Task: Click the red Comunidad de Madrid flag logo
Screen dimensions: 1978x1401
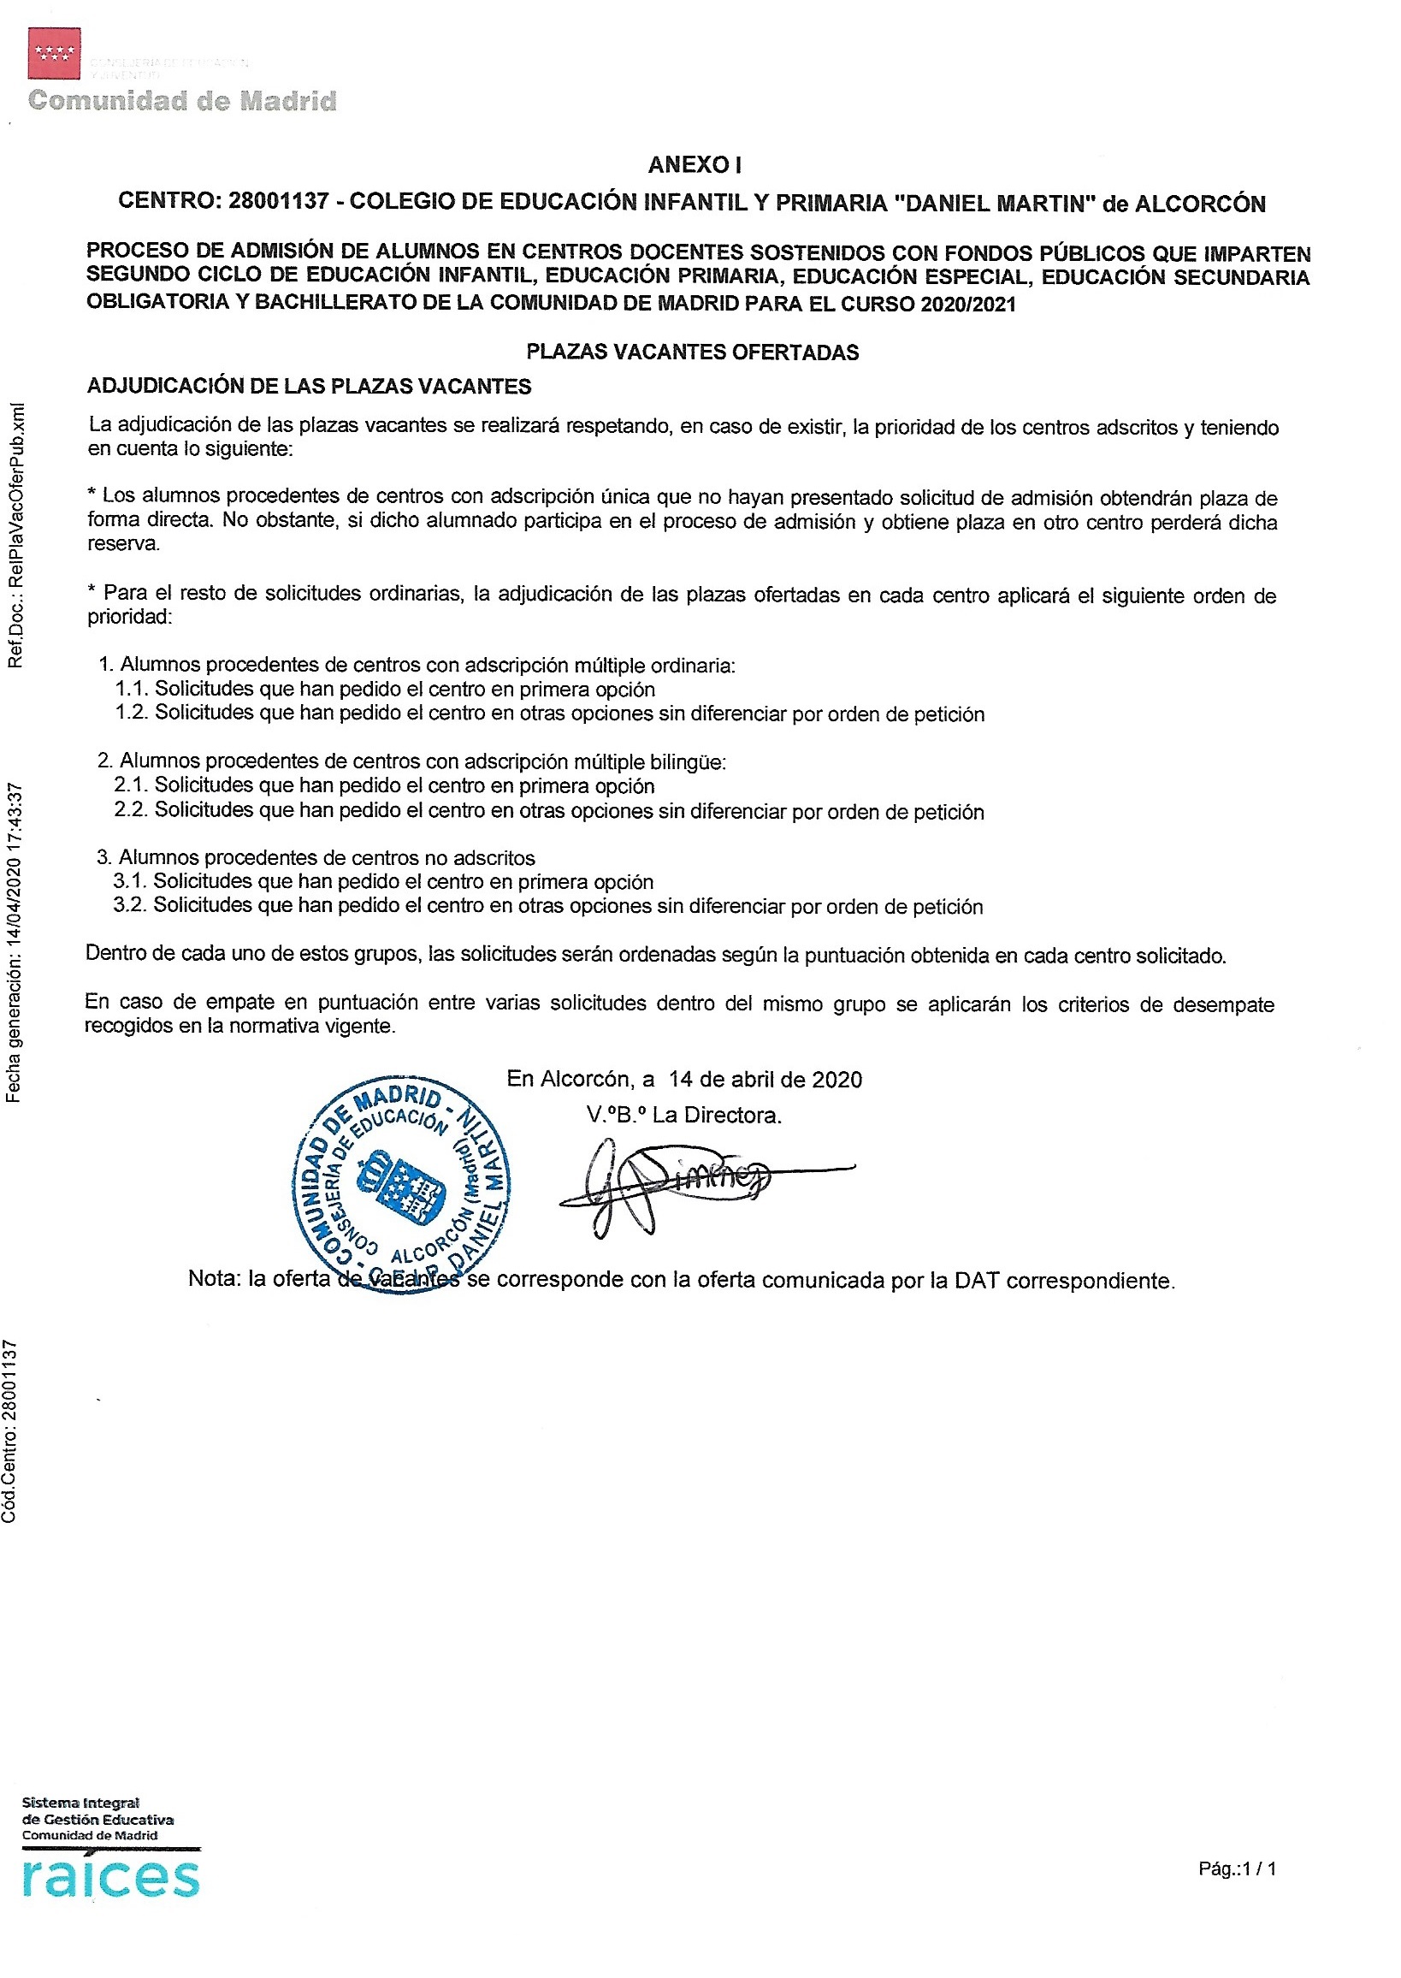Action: [x=55, y=53]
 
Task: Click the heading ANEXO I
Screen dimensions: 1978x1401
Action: [x=695, y=165]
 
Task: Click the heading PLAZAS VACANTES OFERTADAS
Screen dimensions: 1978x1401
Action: [x=693, y=352]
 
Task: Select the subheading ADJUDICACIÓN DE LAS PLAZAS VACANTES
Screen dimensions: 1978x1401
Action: [x=309, y=386]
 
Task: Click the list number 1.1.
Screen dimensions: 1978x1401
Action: [x=132, y=689]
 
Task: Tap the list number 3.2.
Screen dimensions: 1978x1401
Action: [x=130, y=905]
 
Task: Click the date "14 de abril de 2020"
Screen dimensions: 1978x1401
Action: [x=766, y=1080]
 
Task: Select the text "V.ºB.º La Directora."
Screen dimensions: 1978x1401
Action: [x=684, y=1115]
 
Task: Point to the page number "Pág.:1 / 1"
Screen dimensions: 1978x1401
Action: [x=1237, y=1869]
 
